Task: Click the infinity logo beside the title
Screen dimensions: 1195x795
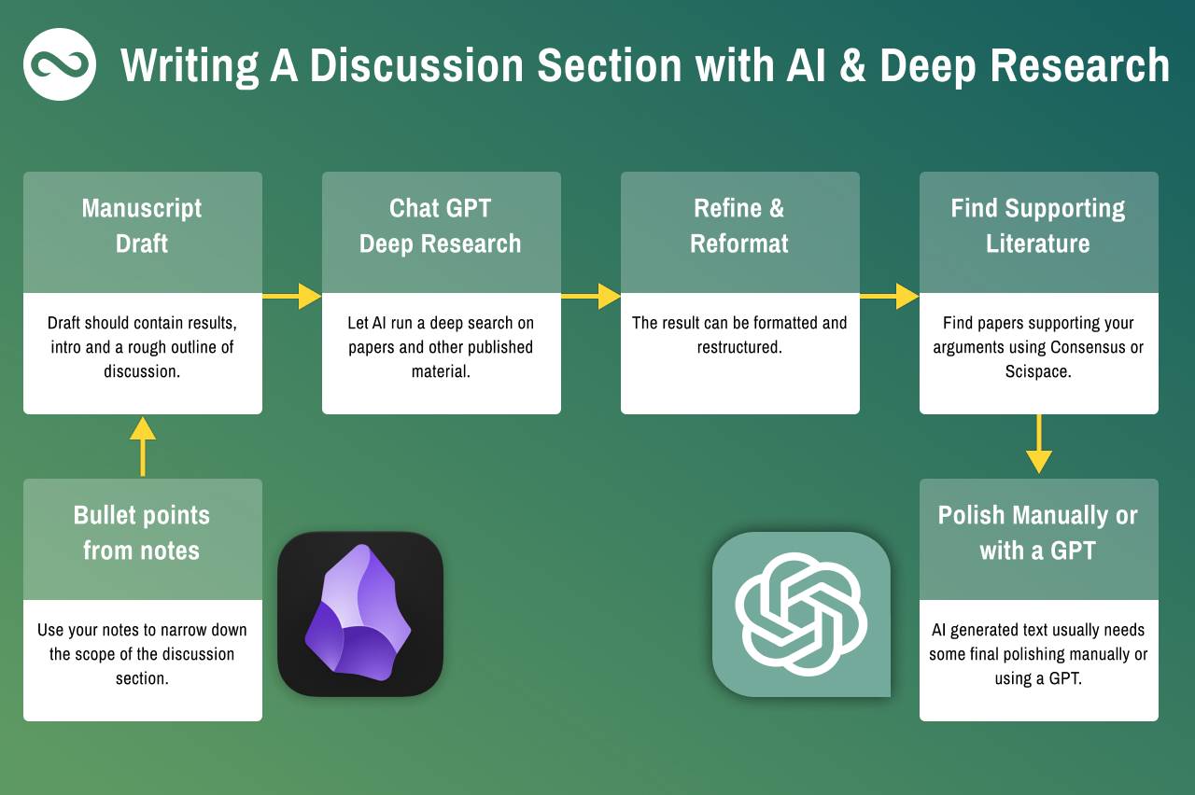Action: (60, 64)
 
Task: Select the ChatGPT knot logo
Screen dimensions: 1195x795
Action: (801, 614)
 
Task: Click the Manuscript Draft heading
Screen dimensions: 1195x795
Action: (142, 226)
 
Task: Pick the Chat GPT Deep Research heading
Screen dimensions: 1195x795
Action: (440, 226)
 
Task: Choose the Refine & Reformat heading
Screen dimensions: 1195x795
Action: (739, 226)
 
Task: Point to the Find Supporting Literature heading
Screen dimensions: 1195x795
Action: (1038, 226)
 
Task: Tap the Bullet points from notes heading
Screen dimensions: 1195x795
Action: (142, 533)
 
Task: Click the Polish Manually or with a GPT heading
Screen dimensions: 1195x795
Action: (1038, 533)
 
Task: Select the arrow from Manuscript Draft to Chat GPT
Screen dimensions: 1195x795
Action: (292, 296)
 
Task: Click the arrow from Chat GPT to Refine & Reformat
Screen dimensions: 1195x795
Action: (591, 296)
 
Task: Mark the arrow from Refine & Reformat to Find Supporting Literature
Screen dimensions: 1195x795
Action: (890, 296)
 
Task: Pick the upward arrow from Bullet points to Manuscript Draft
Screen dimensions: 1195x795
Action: (143, 446)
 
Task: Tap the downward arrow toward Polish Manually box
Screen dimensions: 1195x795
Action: (1039, 444)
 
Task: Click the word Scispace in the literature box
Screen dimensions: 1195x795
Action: (1038, 371)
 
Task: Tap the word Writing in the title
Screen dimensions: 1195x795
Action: (190, 66)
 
